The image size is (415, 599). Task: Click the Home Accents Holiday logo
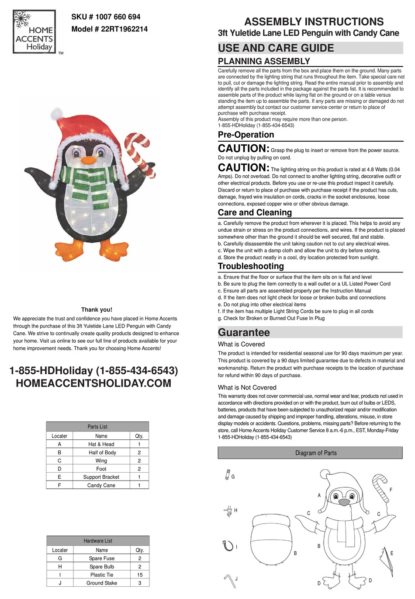[34, 32]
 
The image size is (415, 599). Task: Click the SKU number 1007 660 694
[106, 17]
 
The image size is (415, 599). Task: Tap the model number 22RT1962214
[109, 29]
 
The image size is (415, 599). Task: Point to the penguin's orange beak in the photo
[89, 160]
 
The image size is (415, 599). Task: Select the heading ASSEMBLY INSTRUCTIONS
[314, 21]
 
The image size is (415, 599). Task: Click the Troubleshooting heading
[251, 266]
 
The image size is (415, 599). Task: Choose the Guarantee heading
[244, 332]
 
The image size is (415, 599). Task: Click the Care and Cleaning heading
[255, 212]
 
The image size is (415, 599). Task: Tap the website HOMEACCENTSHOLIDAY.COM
[93, 383]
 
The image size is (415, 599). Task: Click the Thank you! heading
[97, 310]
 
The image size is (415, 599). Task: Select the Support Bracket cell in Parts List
[101, 477]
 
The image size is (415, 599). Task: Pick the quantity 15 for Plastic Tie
[140, 575]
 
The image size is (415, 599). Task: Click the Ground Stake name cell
[101, 583]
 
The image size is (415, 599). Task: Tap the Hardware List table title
[98, 541]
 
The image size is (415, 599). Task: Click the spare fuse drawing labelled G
[227, 475]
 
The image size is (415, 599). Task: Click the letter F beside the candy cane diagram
[391, 490]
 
